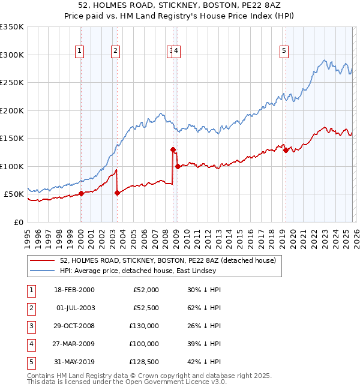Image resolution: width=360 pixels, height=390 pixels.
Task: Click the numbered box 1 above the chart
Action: click(79, 51)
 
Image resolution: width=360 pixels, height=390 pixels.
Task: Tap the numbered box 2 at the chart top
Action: click(115, 51)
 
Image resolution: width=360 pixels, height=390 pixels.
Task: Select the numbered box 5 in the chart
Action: click(283, 51)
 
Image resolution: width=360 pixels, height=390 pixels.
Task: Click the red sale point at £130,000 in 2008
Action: click(173, 149)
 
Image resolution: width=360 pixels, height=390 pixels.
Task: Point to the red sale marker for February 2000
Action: click(81, 193)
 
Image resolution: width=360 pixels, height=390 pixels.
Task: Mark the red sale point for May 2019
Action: click(286, 151)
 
